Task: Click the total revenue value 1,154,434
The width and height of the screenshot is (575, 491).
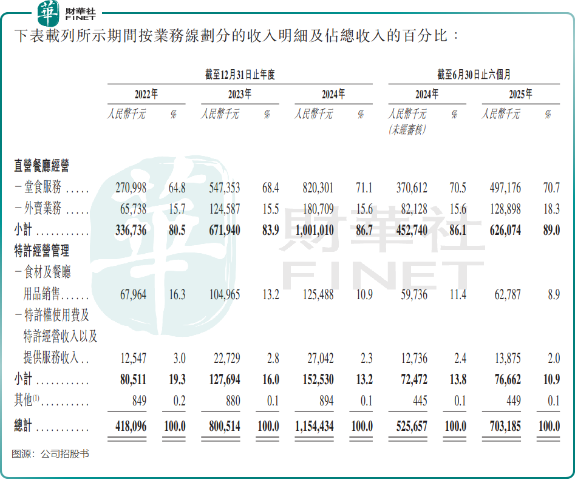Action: tap(314, 426)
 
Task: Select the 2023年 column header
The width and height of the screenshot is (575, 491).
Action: tap(239, 95)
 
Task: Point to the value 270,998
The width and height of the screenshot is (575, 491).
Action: tap(131, 189)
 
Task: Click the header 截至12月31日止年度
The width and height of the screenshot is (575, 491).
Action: tap(240, 75)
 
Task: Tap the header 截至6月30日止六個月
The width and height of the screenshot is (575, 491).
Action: tap(474, 75)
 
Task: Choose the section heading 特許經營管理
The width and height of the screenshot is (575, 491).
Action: tap(42, 251)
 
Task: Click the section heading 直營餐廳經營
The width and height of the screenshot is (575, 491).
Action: tap(42, 165)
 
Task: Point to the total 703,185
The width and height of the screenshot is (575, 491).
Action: tap(502, 426)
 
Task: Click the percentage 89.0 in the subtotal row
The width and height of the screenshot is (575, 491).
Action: tap(549, 231)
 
